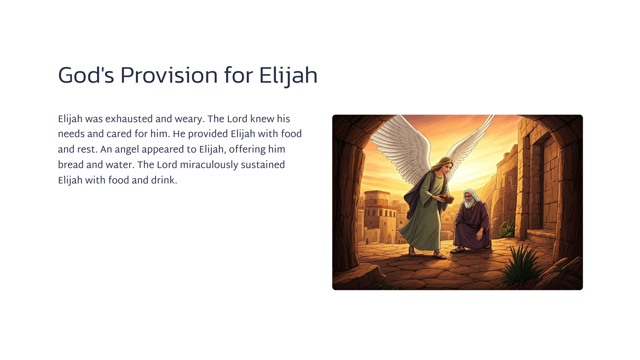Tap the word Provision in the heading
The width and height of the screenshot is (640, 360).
tap(169, 75)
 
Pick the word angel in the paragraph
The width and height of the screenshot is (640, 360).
tap(127, 150)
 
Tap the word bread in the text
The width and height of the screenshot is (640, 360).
tap(71, 165)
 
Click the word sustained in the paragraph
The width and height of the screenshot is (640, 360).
tap(263, 165)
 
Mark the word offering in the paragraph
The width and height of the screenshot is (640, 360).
tap(243, 150)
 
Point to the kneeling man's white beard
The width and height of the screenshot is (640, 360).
tap(468, 203)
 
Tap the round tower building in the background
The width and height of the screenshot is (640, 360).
tap(377, 216)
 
